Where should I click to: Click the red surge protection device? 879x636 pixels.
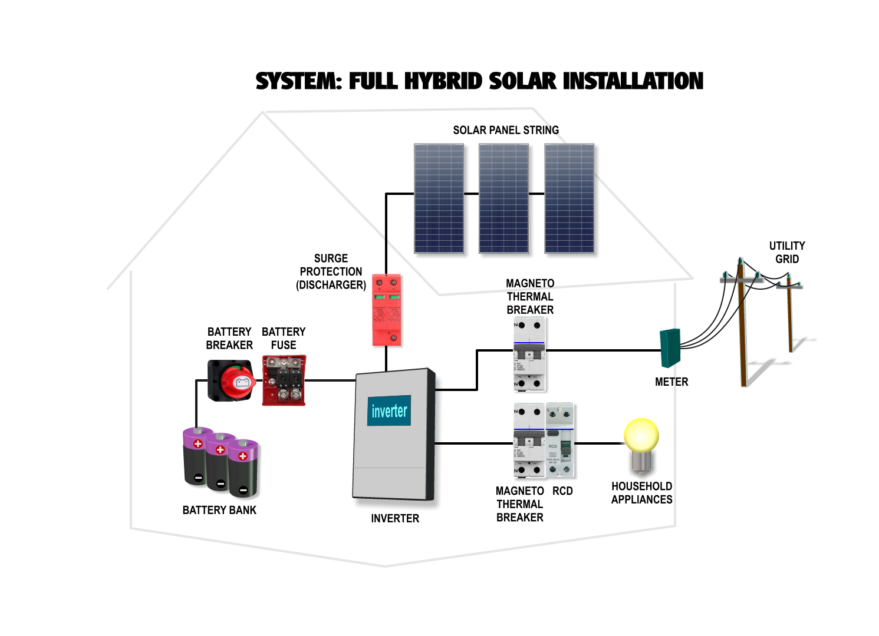[x=386, y=310]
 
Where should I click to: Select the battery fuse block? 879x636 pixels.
[x=284, y=380]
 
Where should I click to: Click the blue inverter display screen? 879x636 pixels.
[x=389, y=410]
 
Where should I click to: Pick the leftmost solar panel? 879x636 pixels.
[x=439, y=198]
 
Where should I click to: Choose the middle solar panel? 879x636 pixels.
[x=503, y=198]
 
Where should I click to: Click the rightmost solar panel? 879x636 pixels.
[x=569, y=198]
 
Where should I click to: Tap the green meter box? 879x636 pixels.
[x=670, y=347]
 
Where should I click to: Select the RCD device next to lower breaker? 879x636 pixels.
[x=559, y=440]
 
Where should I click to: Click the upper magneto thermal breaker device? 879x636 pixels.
[x=529, y=354]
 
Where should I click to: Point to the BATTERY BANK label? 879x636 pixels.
[x=219, y=510]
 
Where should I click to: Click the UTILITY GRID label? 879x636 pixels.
[x=786, y=252]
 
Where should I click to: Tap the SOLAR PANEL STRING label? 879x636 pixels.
[x=505, y=130]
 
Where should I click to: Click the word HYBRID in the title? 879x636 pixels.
[x=443, y=81]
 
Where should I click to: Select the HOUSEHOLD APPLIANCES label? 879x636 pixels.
[x=641, y=492]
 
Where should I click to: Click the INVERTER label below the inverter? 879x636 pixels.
[x=395, y=518]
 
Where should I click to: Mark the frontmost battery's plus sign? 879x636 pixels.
[x=242, y=456]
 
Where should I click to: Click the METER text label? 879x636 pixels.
[x=671, y=382]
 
